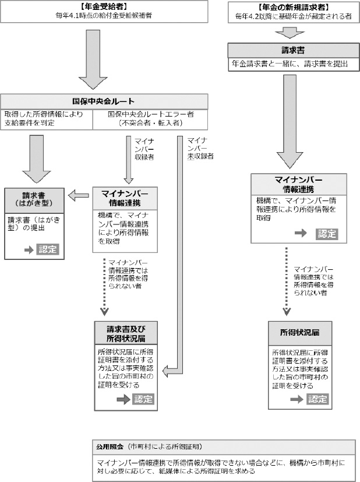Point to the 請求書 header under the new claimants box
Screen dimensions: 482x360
(289, 50)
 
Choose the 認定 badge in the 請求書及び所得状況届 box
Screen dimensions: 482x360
(143, 399)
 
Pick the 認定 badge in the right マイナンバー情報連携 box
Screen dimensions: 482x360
(327, 233)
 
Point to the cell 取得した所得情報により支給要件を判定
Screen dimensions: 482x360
(48, 118)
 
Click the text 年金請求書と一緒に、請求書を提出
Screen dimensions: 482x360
(289, 63)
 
